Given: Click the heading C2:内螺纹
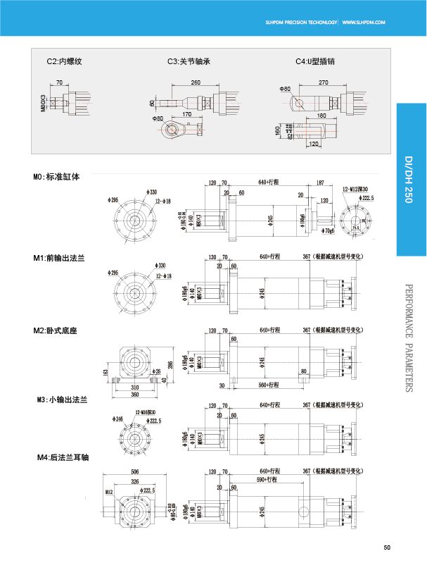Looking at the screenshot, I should coord(65,61).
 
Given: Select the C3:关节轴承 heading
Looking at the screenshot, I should coord(189,61).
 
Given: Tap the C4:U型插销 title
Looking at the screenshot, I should coord(314,61).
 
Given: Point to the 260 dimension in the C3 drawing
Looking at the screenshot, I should coord(196,82).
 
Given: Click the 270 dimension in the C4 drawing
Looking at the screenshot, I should coord(323,82).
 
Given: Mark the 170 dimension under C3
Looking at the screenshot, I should coord(187,113).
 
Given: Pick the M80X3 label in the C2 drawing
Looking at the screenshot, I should coord(43,103).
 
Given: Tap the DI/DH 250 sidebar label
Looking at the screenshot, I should coord(409,180).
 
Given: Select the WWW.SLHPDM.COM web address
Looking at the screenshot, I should coord(364,23).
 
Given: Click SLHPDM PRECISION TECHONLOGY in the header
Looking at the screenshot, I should coord(301,23).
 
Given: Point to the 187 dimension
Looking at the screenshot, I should coord(321,182).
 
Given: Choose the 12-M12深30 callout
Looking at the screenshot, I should coord(355,189).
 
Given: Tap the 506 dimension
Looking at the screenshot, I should coord(135,471).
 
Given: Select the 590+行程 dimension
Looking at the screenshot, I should coord(267,479).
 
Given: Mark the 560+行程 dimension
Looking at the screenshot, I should coord(269,385).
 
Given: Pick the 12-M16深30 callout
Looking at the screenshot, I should coord(145,412).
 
